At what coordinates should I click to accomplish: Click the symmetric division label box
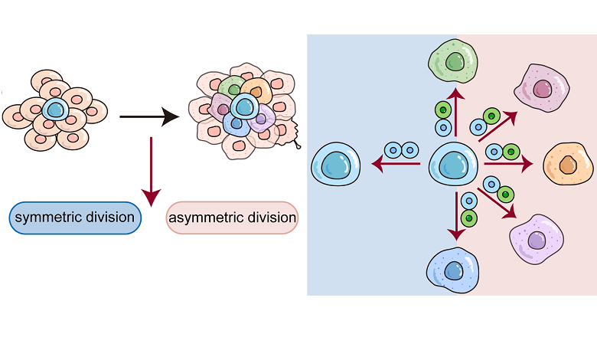coord(75,218)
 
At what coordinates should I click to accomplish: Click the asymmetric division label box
coord(232,218)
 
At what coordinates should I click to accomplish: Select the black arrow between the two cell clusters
coord(149,116)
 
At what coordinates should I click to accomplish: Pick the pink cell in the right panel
coord(542,90)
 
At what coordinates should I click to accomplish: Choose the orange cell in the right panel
coord(568,164)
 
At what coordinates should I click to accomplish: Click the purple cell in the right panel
coord(536,238)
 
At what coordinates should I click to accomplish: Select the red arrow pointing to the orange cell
coord(508,163)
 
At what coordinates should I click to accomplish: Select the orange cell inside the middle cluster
coord(256,91)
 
